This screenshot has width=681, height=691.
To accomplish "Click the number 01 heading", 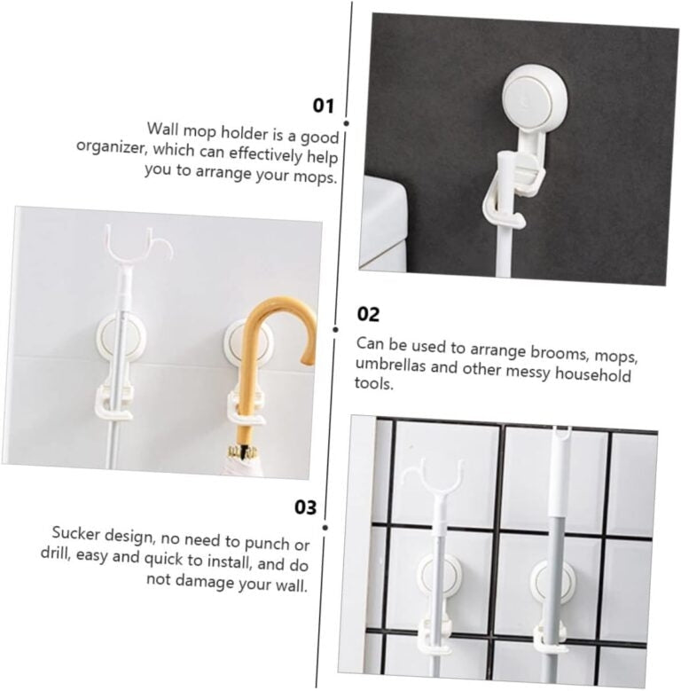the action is coord(324,106).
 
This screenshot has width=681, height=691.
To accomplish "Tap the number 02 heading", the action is coord(368,314).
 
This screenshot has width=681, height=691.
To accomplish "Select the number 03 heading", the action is coord(305,507).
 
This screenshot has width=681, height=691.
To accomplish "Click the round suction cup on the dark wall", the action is coord(535,97).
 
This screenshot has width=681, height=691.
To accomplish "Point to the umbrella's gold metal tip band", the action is coord(242,452).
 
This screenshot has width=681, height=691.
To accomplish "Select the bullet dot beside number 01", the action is coord(346,124).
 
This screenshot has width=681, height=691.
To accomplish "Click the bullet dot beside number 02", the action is coord(336,330).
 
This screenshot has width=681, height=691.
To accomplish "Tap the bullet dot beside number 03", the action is coord(325,528).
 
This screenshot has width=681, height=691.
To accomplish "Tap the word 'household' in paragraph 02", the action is coord(592,375).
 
